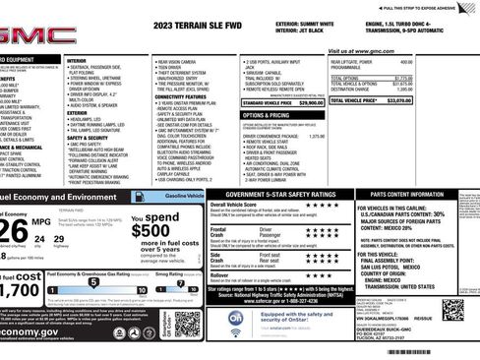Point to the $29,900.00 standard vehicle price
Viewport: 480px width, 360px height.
pyautogui.click(x=309, y=102)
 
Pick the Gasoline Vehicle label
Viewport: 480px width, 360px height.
pyautogui.click(x=184, y=197)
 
